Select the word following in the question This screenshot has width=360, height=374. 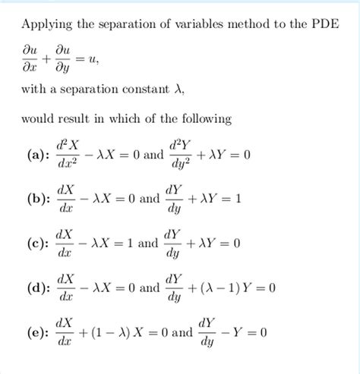pos(201,119)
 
